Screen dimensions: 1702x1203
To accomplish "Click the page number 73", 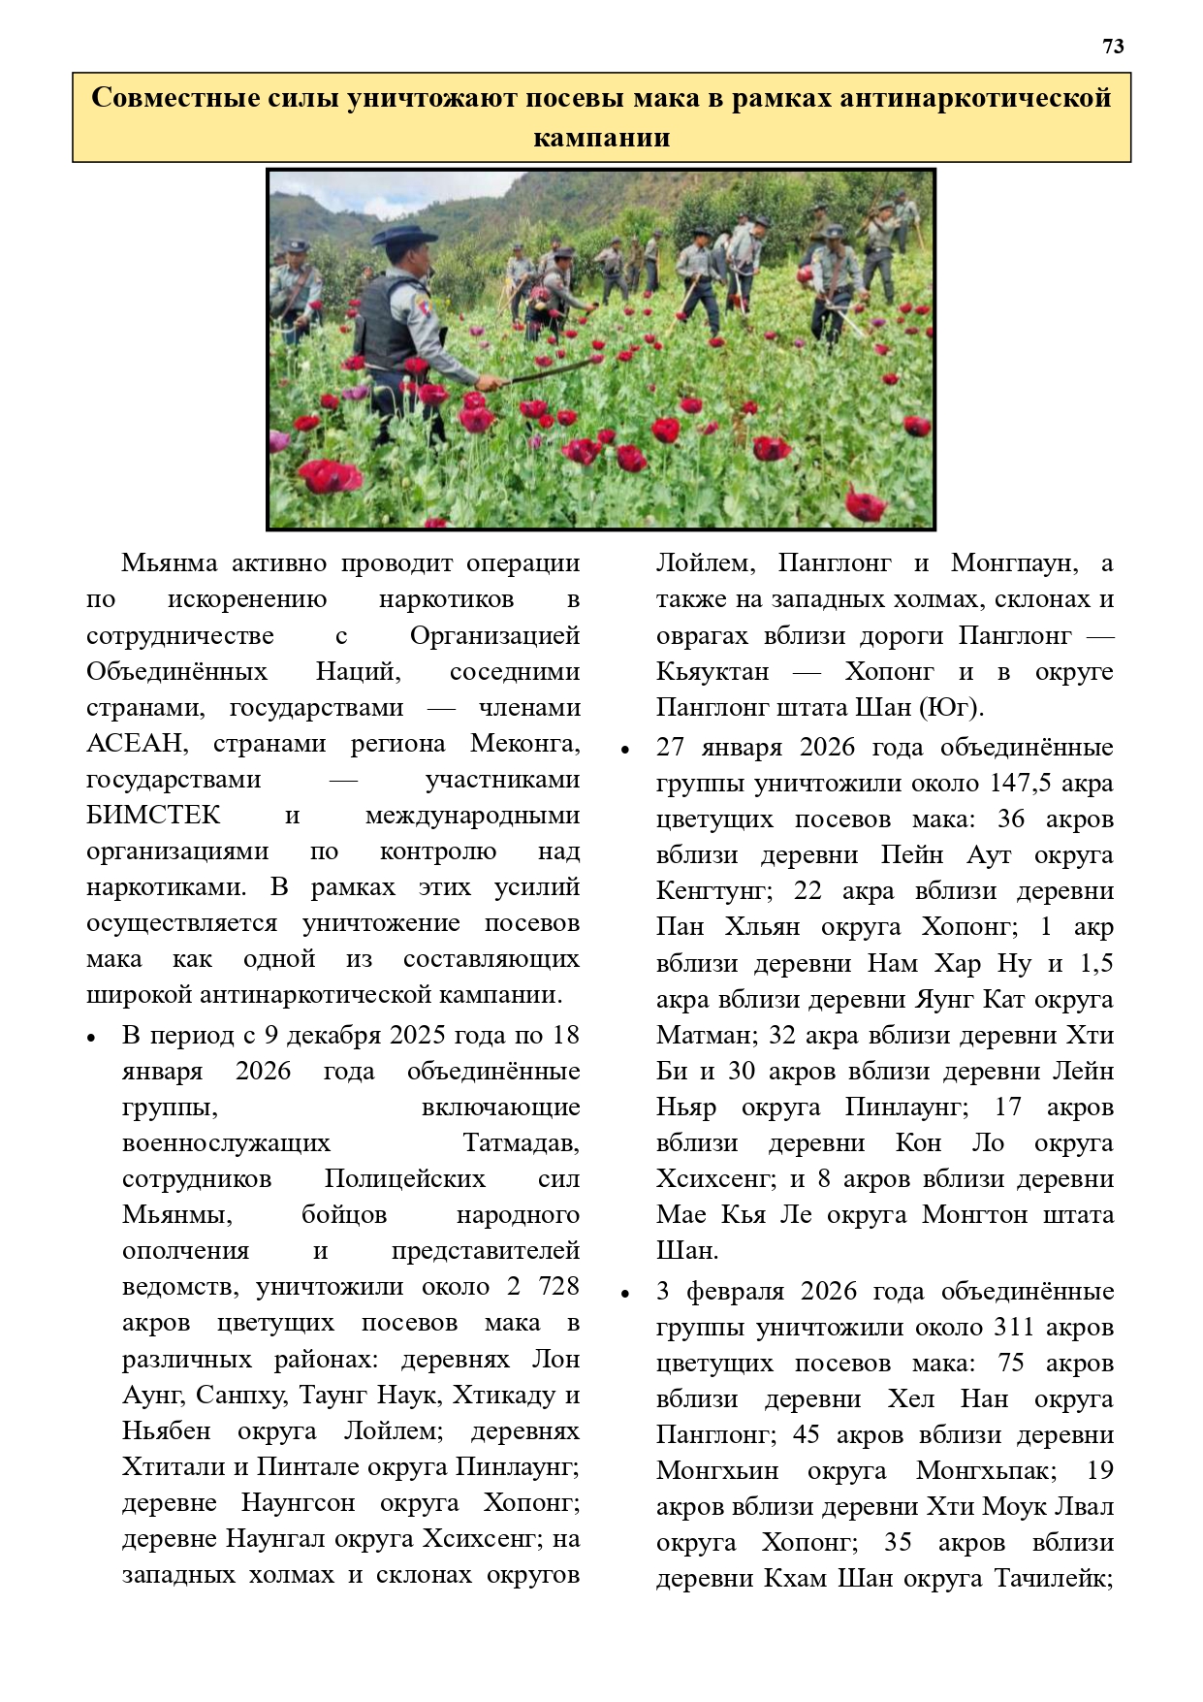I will pyautogui.click(x=1113, y=47).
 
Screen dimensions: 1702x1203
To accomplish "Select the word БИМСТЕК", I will pyautogui.click(x=153, y=816).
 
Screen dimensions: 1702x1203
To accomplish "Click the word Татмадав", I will pyautogui.click(x=521, y=1143).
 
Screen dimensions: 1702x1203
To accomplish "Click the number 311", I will pyautogui.click(x=1015, y=1328).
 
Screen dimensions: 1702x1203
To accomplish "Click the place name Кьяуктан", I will pyautogui.click(x=712, y=672).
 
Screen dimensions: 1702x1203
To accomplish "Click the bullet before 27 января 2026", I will pyautogui.click(x=626, y=750).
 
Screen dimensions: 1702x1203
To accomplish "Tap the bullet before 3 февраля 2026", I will pyautogui.click(x=626, y=1294).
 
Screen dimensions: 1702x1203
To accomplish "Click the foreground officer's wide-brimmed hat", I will pyautogui.click(x=404, y=236).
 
